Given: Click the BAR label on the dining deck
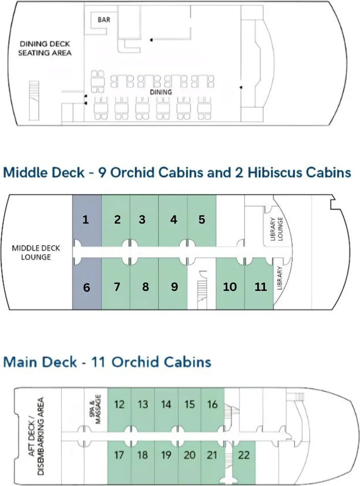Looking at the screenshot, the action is point(104,20).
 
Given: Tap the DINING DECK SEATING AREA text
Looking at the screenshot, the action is point(45,48).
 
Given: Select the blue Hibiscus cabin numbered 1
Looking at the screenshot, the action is point(87,220).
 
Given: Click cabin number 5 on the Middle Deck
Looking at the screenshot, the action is point(202,220).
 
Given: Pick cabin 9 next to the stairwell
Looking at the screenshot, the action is point(174,287).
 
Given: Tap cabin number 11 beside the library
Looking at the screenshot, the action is point(261,287).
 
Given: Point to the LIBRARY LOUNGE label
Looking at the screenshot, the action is point(276,229).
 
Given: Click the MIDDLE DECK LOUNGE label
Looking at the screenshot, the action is point(36,253).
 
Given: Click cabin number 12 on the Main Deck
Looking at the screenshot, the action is point(119,405).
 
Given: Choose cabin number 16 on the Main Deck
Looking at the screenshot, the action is point(212,405).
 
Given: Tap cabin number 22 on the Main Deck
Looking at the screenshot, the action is point(244,455).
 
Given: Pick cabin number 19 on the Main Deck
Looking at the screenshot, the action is point(166,455).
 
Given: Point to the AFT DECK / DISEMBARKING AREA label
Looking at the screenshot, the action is point(36,436).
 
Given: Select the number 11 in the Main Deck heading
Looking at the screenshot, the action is point(98,362).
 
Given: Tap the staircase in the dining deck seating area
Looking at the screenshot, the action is point(34,101).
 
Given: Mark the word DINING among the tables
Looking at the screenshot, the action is point(161,92).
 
